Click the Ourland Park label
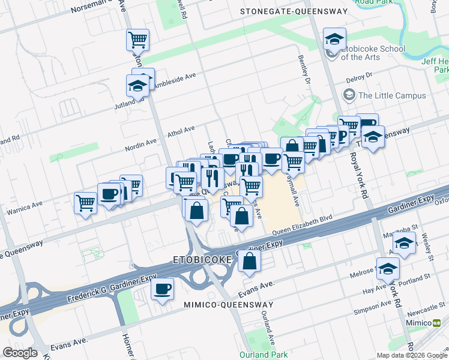(264, 354)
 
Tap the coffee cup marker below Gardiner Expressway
(162, 289)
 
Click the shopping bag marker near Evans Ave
(249, 260)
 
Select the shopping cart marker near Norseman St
(137, 40)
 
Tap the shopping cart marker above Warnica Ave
(86, 203)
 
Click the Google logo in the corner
(20, 353)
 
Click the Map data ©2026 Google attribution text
(412, 355)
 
